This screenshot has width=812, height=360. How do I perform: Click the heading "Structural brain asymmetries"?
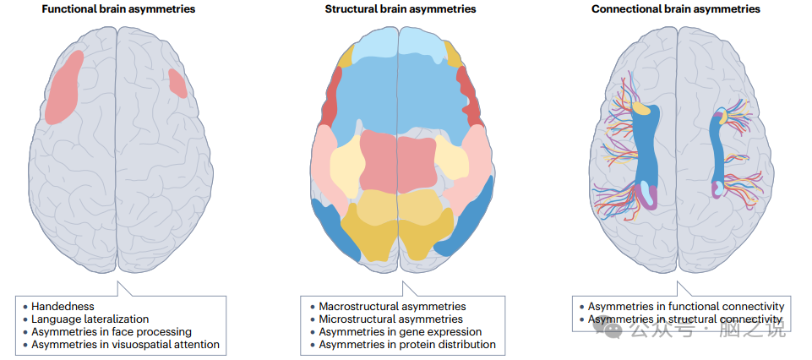click(x=400, y=9)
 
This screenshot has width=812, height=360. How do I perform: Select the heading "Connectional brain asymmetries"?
click(x=675, y=9)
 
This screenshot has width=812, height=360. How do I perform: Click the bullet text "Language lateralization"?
click(x=90, y=319)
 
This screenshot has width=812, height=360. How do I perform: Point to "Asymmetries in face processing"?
click(x=112, y=332)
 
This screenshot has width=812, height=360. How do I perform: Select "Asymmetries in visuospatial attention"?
click(x=125, y=345)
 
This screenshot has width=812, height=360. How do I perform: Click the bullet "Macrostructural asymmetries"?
click(x=392, y=306)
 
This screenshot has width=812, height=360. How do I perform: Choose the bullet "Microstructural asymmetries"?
click(x=390, y=319)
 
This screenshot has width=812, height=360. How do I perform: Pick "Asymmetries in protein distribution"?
click(x=406, y=345)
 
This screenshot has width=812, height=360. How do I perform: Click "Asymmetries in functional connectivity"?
click(x=686, y=306)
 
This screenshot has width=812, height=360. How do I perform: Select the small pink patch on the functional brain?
click(x=177, y=83)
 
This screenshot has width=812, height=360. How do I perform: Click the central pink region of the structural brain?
click(x=398, y=161)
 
